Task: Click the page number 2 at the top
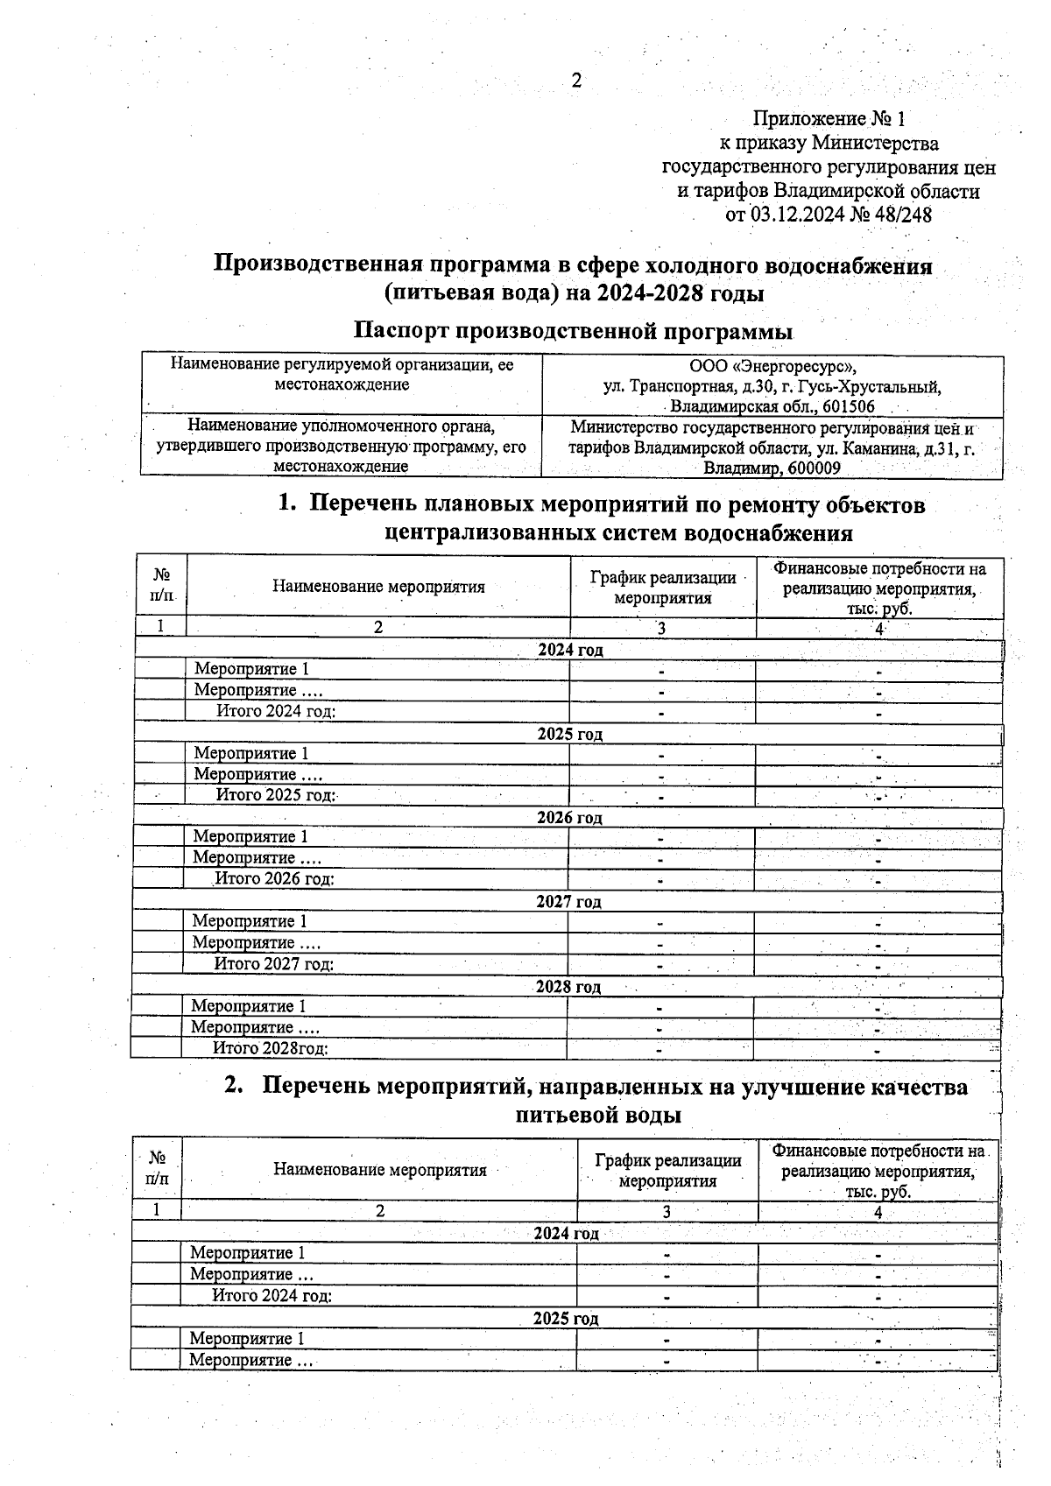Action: point(576,81)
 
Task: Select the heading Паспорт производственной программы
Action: point(573,332)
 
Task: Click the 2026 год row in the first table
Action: point(569,818)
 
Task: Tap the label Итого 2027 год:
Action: point(274,964)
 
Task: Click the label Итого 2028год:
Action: point(271,1048)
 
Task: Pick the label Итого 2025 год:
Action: point(277,795)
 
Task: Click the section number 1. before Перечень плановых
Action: point(287,505)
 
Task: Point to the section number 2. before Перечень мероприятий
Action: point(233,1087)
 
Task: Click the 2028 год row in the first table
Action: point(568,987)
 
